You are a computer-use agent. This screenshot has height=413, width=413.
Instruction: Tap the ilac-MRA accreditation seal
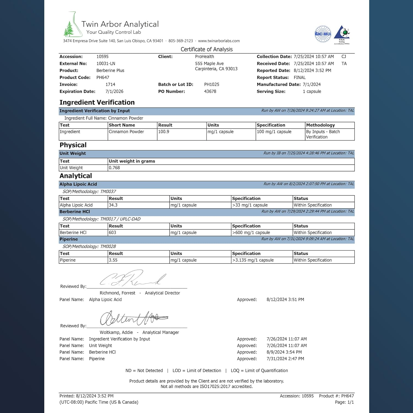[x=323, y=34]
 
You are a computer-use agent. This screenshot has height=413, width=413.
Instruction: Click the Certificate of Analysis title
[x=206, y=49]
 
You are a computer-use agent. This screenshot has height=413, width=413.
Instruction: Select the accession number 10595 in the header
[x=102, y=56]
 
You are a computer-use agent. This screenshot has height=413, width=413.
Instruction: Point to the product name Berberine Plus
[x=110, y=70]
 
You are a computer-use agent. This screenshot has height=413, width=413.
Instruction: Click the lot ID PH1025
[x=211, y=85]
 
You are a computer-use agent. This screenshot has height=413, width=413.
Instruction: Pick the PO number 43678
[x=210, y=91]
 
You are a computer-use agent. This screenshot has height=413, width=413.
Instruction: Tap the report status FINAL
[x=300, y=77]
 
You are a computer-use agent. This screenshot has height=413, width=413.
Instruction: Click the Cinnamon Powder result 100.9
[x=164, y=132]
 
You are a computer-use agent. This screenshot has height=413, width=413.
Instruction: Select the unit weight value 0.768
[x=114, y=168]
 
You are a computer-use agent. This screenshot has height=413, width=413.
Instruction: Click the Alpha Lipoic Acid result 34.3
[x=113, y=205]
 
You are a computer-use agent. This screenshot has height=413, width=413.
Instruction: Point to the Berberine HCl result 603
[x=112, y=233]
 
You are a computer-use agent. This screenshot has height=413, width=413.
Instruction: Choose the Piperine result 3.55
[x=113, y=260]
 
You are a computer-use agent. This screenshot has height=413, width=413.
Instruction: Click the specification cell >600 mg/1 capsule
[x=251, y=233]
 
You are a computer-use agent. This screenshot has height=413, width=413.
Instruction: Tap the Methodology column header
[x=320, y=125]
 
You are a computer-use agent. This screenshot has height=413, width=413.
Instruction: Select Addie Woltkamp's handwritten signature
[x=134, y=318]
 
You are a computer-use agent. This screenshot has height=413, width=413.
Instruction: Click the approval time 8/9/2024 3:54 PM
[x=284, y=352]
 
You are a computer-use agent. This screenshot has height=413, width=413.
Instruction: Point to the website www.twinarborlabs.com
[x=219, y=41]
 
